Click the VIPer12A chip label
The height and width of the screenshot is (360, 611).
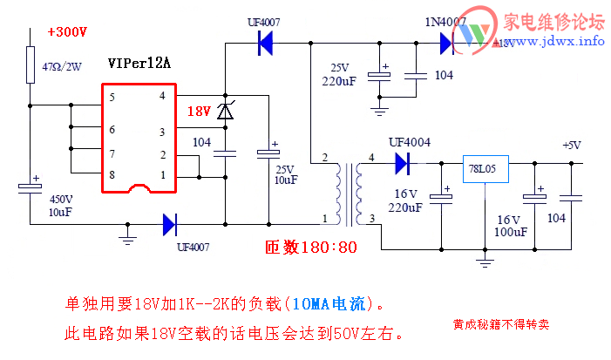140,64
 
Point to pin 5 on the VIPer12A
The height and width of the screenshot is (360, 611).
112,97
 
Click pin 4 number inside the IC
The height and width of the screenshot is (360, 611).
161,96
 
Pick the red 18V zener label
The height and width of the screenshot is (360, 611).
199,112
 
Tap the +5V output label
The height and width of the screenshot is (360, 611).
571,145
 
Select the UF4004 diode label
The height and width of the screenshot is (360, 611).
409,142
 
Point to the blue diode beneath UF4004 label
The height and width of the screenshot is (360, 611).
403,162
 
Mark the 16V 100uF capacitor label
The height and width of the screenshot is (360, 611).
511,226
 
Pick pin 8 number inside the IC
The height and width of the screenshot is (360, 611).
112,175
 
